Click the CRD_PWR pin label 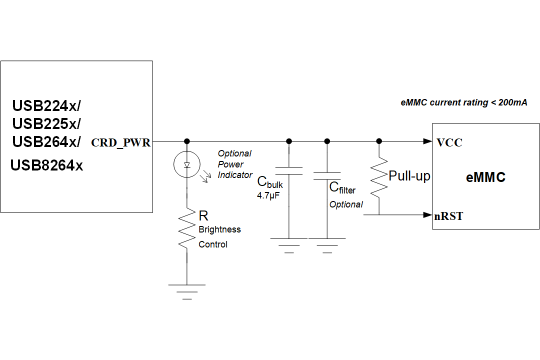click(120, 143)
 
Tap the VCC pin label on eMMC click(449, 142)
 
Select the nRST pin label click(449, 216)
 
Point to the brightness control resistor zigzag click(186, 228)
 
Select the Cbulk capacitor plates click(289, 171)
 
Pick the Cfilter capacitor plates click(327, 176)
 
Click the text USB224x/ click(46, 106)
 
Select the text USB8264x click(47, 165)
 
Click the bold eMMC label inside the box click(485, 177)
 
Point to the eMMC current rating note click(464, 102)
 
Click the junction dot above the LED click(186, 141)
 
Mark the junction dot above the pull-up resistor click(379, 141)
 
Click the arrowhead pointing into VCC click(427, 141)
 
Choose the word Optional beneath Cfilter click(346, 204)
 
